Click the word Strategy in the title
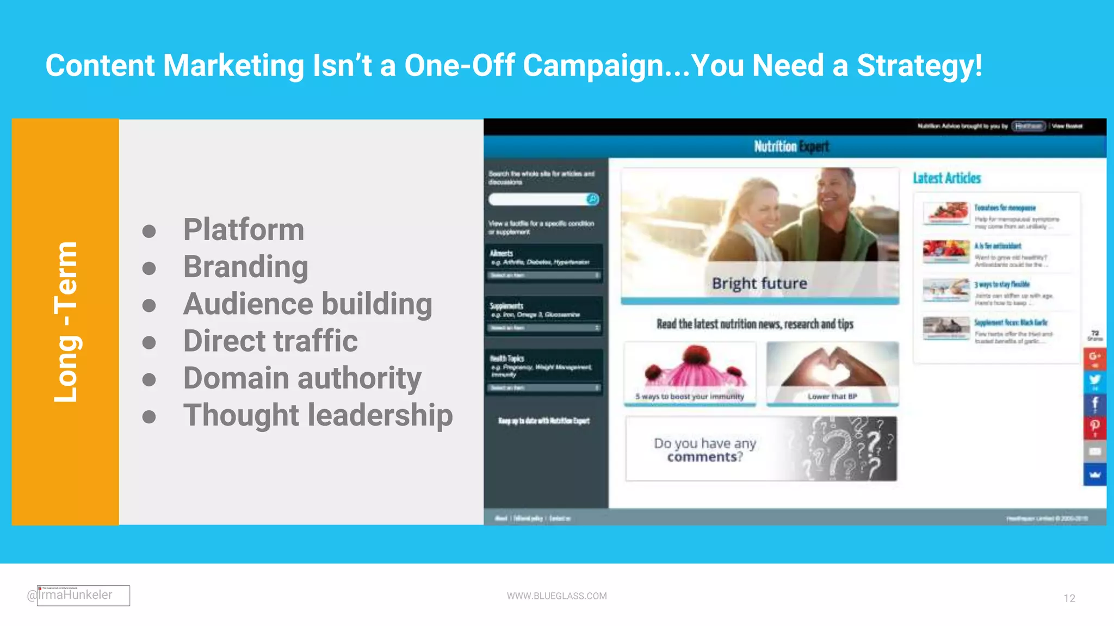919,66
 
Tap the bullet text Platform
243,229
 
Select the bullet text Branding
245,267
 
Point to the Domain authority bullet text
302,378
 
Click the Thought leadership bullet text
318,415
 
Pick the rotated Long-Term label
66,322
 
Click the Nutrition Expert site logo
791,146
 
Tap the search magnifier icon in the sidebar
592,199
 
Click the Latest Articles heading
946,178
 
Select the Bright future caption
759,283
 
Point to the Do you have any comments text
705,450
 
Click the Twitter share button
1094,380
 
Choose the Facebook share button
1094,404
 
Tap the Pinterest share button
1094,427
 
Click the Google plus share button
1094,358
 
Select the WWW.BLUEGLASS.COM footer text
556,596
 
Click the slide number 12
1069,598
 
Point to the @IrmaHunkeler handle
70,595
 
